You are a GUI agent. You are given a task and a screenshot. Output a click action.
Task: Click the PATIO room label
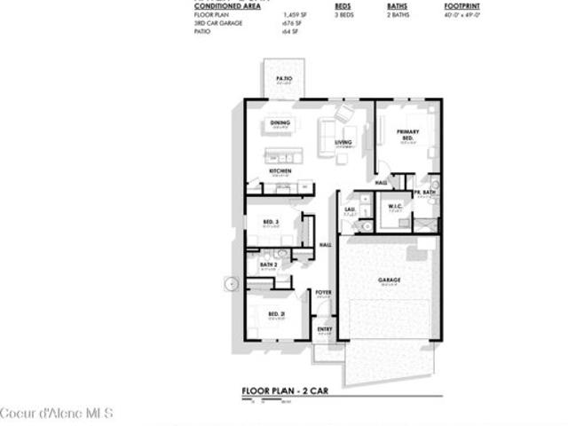click(284, 79)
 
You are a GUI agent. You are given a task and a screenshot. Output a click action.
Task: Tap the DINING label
click(280, 122)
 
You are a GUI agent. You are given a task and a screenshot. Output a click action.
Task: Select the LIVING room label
click(343, 142)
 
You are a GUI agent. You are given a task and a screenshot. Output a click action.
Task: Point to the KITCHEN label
click(280, 170)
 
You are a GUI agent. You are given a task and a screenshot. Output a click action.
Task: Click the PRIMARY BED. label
click(407, 135)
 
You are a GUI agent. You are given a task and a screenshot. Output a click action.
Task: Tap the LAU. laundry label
click(350, 209)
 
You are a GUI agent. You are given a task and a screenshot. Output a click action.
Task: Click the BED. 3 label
click(271, 221)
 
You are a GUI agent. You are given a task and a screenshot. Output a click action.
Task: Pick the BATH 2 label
click(269, 264)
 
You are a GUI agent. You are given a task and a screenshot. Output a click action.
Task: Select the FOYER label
click(323, 292)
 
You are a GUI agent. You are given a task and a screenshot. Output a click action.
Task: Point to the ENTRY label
click(325, 329)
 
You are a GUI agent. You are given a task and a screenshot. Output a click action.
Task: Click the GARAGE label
click(390, 280)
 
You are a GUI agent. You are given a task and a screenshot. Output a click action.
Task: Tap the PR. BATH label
click(424, 193)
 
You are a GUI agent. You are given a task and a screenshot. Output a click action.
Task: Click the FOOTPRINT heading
click(462, 5)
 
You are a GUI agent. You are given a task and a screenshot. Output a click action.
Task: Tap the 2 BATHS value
click(397, 15)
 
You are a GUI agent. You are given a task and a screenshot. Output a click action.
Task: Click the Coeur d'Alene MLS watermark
click(44, 414)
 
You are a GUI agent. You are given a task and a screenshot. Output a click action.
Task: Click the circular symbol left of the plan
click(232, 284)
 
